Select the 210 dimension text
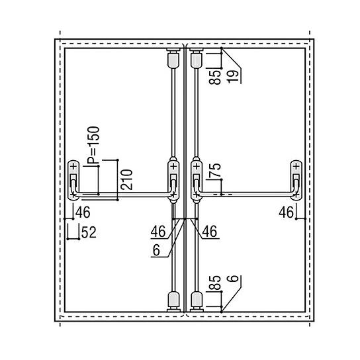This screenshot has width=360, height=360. [125, 178]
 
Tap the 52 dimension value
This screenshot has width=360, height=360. [88, 232]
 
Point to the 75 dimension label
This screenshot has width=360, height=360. [212, 173]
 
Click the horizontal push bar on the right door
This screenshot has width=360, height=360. [245, 194]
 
